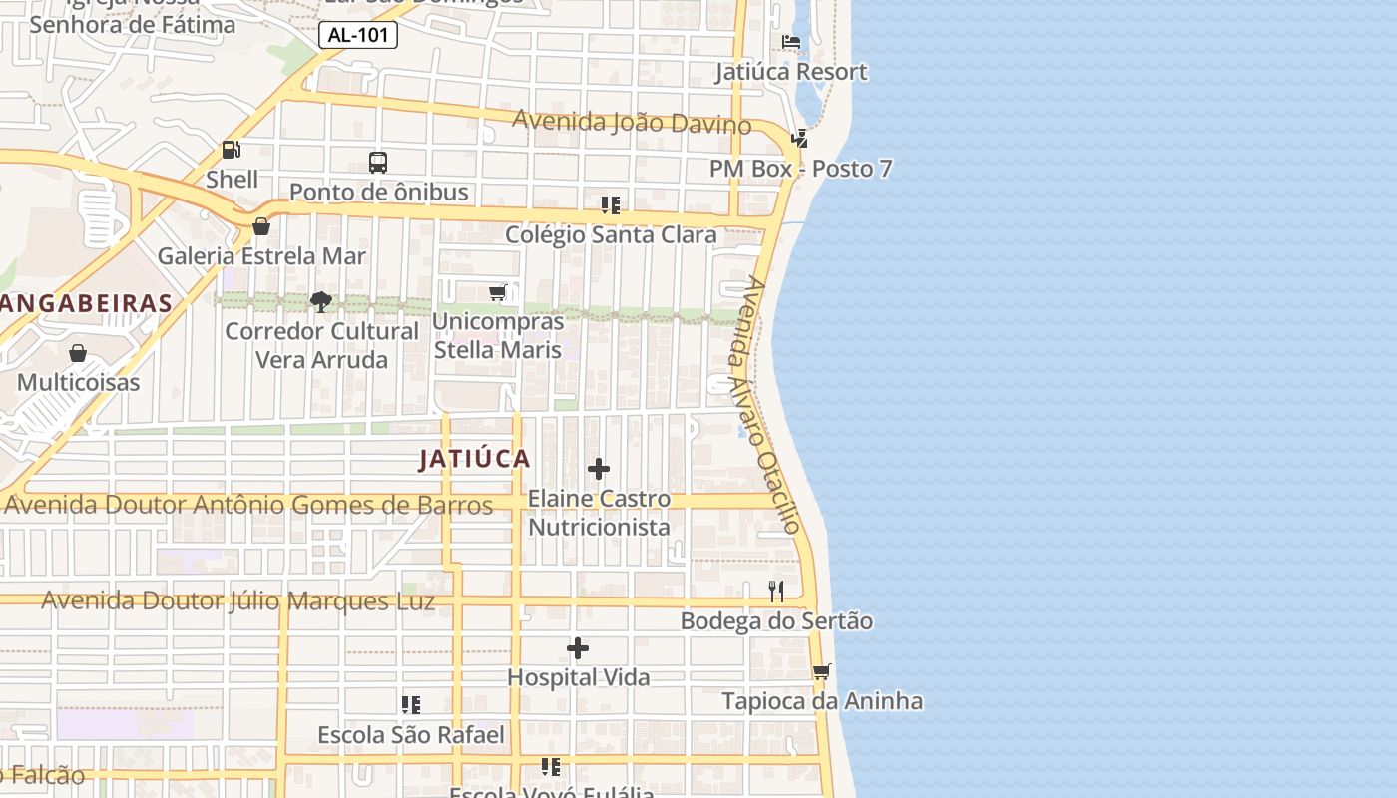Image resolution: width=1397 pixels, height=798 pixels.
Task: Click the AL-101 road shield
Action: click(x=358, y=36)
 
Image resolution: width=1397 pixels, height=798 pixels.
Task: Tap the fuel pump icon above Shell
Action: click(x=232, y=150)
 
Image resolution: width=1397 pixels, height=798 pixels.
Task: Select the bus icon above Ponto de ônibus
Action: click(x=378, y=162)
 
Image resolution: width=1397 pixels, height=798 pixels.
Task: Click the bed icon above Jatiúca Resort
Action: click(x=791, y=42)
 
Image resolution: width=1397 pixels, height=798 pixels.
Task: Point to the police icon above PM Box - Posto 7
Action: click(x=799, y=139)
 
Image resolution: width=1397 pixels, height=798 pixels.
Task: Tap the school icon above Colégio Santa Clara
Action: click(x=611, y=205)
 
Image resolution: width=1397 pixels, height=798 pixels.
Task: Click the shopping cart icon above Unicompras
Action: click(x=497, y=292)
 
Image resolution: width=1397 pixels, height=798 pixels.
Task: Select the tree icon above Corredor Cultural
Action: click(x=321, y=301)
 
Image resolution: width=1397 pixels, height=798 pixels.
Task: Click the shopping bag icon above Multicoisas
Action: click(x=78, y=353)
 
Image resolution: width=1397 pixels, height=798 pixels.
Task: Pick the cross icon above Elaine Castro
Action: click(x=599, y=469)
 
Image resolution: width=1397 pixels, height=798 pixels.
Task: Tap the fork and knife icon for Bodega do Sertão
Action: click(x=776, y=592)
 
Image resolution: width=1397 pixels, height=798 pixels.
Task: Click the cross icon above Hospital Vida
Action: click(x=578, y=648)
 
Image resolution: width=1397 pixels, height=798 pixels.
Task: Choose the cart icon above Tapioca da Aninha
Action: click(x=821, y=671)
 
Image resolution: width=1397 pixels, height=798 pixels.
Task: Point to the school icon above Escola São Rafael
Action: click(x=411, y=705)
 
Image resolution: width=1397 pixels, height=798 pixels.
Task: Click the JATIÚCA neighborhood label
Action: click(x=474, y=459)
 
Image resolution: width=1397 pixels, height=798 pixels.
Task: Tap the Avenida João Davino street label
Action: click(x=632, y=123)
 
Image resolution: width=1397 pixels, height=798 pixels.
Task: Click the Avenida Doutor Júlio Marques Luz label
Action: click(x=238, y=601)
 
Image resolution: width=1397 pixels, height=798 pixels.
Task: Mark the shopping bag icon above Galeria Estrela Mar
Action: click(x=261, y=226)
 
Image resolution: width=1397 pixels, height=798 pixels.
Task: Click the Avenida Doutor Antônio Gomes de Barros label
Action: click(x=249, y=505)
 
